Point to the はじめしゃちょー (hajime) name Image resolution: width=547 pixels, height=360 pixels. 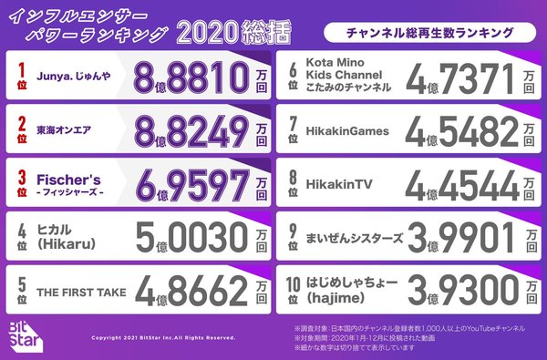click(x=356, y=291)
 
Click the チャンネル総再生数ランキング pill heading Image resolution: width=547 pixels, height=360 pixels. click(x=428, y=34)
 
